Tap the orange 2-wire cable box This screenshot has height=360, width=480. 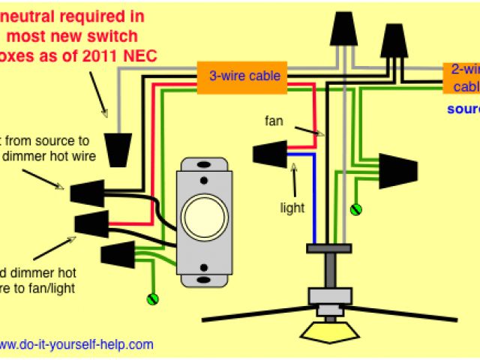click(x=462, y=78)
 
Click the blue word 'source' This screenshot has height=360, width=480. click(x=463, y=109)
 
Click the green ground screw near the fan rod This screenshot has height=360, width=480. click(x=357, y=208)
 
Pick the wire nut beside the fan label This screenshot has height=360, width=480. click(x=268, y=154)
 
